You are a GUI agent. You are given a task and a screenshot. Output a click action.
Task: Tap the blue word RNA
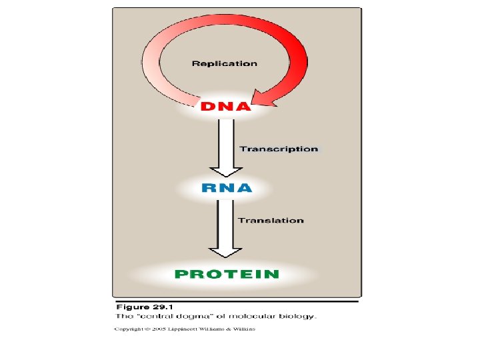coord(227,188)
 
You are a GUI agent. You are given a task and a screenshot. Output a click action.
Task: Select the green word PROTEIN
coord(227,273)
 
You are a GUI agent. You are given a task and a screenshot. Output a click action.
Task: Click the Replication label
coord(224,63)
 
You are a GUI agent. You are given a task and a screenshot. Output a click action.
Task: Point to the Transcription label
coord(279,149)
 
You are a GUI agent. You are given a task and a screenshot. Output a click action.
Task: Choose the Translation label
coord(271,220)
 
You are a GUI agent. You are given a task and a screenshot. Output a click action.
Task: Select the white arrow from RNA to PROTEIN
coord(227,230)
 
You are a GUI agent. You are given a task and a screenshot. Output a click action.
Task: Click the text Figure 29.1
coord(143,307)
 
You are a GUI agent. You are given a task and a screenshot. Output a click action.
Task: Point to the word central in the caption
coord(163,316)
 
